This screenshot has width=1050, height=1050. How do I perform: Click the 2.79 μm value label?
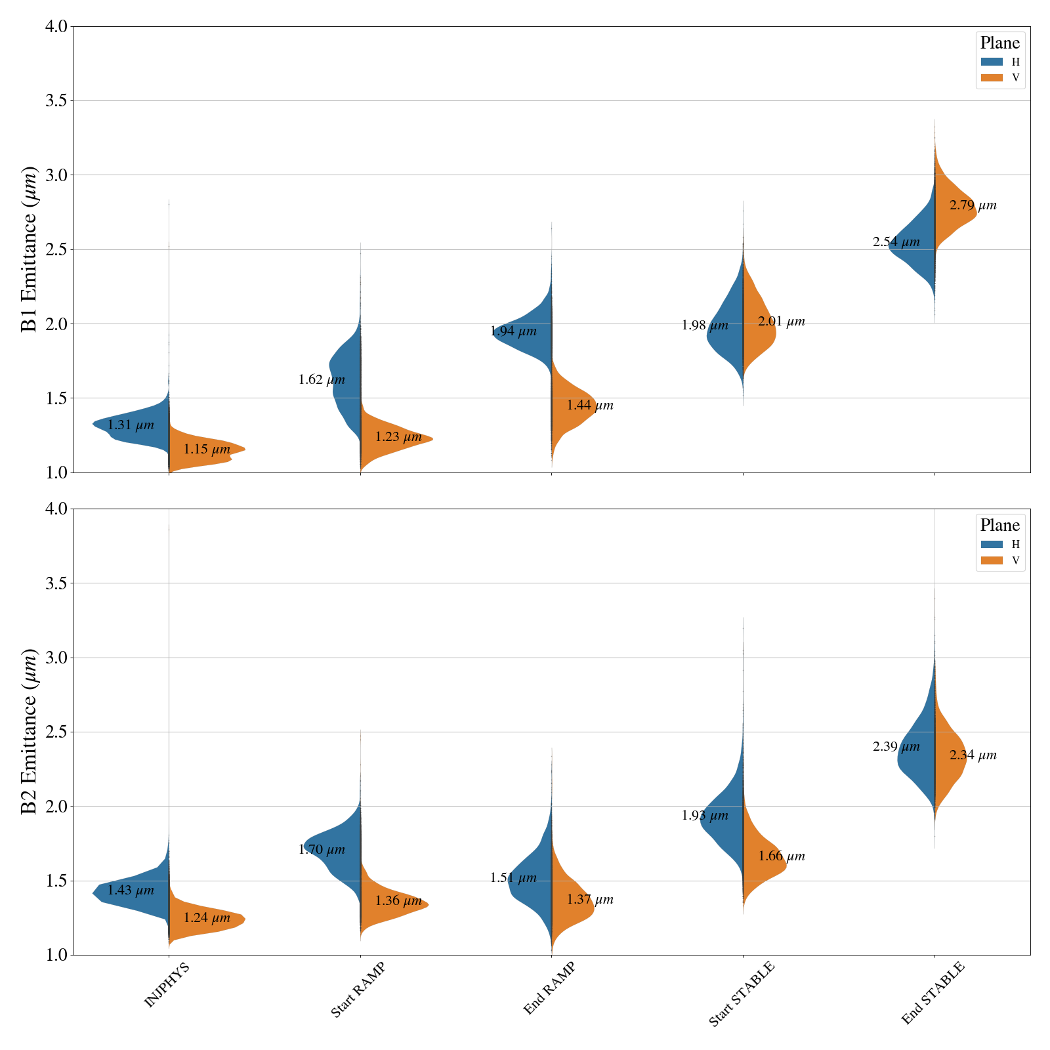pos(973,205)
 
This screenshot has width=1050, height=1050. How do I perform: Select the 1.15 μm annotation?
pos(207,450)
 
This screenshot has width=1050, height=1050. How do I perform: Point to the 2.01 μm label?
pos(781,322)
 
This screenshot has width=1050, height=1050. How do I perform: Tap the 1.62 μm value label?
pos(322,379)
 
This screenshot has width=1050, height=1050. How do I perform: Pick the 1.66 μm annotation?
pos(781,856)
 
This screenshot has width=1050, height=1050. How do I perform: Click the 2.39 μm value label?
pos(896,747)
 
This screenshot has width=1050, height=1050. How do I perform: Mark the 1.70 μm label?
pos(322,850)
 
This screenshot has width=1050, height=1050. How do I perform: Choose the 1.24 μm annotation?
pos(207,918)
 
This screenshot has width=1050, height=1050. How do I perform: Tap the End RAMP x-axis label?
pos(549,989)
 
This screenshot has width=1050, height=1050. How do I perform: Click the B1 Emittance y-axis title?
pos(30,249)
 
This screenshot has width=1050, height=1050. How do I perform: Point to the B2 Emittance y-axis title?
pos(30,732)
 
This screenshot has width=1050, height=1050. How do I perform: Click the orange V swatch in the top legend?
pos(992,78)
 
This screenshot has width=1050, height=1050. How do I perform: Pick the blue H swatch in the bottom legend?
pos(992,544)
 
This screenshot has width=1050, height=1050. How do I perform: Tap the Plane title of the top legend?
pos(999,43)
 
